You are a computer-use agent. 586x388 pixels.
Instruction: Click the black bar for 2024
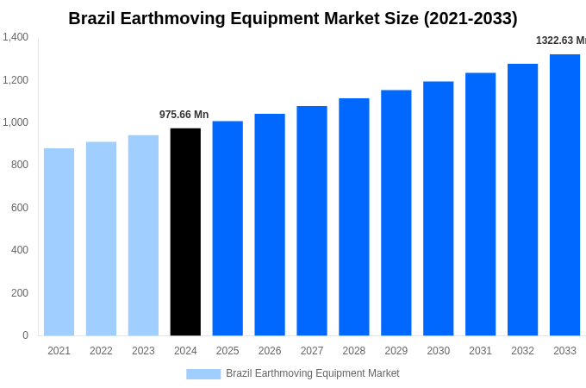click(185, 232)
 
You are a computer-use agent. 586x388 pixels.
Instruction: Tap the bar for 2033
click(564, 195)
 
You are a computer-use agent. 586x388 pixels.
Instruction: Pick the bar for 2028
click(354, 216)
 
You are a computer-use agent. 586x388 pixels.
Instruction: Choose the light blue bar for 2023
click(143, 235)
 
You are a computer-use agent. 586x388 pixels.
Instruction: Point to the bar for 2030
click(438, 209)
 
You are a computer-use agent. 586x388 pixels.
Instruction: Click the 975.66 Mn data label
click(184, 115)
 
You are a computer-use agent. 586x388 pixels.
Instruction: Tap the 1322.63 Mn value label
click(560, 41)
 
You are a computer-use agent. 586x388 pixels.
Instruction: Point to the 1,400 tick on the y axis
click(16, 37)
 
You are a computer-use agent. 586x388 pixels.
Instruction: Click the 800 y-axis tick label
click(19, 165)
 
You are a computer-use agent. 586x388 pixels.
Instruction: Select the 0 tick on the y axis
click(25, 335)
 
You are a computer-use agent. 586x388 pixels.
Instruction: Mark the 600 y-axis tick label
click(19, 208)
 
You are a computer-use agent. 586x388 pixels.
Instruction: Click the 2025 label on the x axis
click(228, 351)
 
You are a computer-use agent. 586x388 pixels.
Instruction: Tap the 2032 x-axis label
click(522, 351)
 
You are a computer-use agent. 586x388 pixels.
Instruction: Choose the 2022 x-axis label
click(101, 351)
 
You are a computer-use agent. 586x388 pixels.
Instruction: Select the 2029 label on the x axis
click(396, 351)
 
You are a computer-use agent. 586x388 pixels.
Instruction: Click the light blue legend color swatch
click(203, 374)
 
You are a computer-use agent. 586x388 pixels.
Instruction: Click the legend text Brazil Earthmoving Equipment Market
click(312, 373)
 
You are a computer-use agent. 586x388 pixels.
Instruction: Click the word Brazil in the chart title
click(91, 18)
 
